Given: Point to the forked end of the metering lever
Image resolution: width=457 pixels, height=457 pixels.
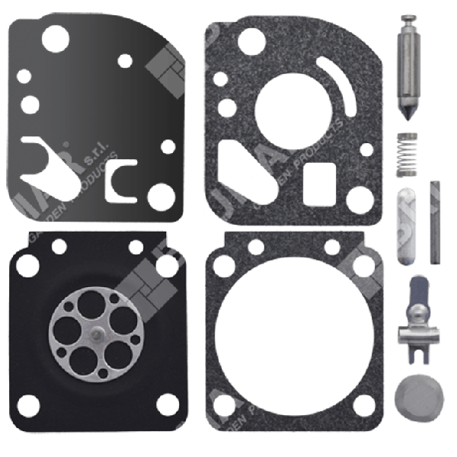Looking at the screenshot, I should (x=419, y=349).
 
